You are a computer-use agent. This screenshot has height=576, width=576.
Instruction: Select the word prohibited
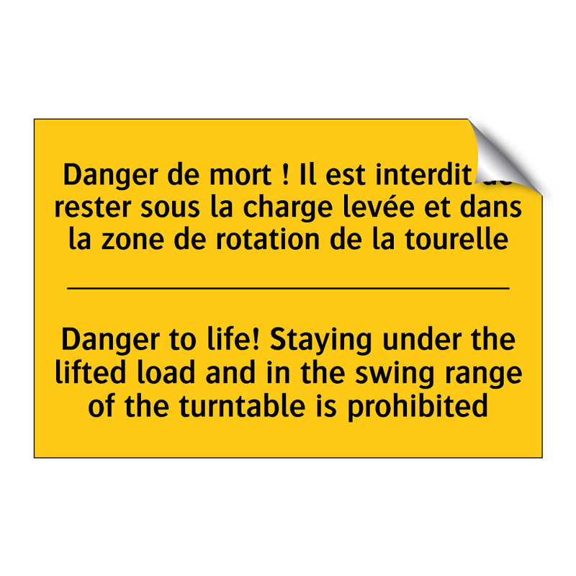pos(418,405)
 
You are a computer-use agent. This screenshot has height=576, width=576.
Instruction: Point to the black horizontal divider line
pos(288,288)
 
